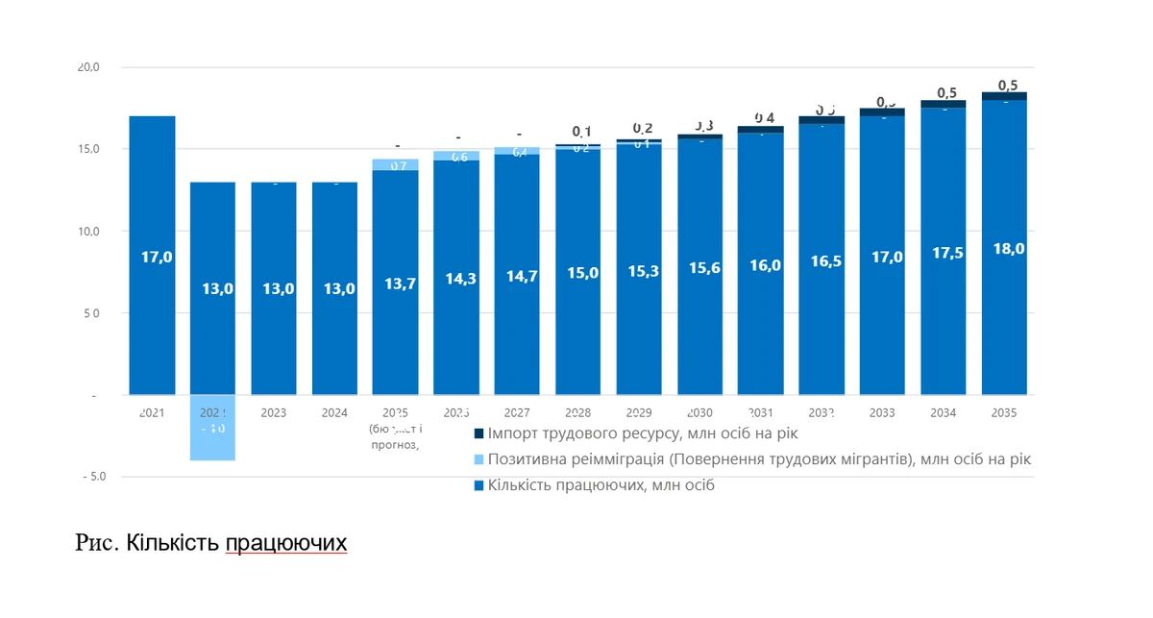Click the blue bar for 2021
pos(152,256)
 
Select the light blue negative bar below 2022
pos(212,429)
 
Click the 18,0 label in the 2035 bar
pos(1003,248)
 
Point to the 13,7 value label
pos(395,284)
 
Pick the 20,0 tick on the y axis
pos(89,67)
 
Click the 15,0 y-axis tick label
pos(89,149)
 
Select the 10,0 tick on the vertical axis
pos(89,232)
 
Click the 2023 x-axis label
pos(273,412)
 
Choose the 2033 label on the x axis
pos(882,412)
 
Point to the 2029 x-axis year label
pos(639,412)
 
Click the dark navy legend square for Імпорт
pos(478,434)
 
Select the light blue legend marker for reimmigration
pos(478,460)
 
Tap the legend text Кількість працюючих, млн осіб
pos(601,485)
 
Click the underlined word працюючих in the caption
pos(285,544)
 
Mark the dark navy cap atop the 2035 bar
pos(1003,96)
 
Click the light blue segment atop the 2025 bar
pos(395,164)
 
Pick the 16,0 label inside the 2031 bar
pos(760,266)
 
